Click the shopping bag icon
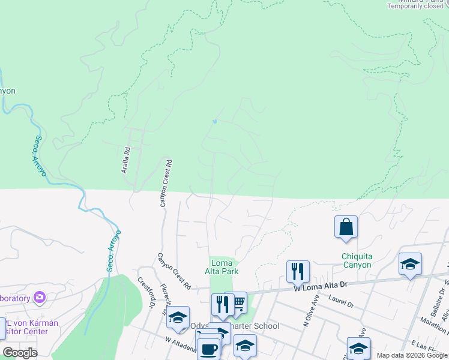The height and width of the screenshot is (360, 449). pyautogui.click(x=346, y=227)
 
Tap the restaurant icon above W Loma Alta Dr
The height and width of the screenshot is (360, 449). pyautogui.click(x=298, y=271)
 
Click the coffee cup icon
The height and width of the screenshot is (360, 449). pyautogui.click(x=208, y=349)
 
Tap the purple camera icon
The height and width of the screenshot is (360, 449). pyautogui.click(x=40, y=297)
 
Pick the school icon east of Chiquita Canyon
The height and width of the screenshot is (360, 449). pyautogui.click(x=410, y=265)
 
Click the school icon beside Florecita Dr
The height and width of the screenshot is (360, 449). pyautogui.click(x=178, y=318)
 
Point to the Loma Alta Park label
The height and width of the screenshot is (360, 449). pyautogui.click(x=224, y=267)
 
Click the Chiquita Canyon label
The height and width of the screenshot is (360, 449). pyautogui.click(x=357, y=260)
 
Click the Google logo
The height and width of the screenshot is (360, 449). pyautogui.click(x=20, y=353)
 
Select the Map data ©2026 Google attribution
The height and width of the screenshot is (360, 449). pyautogui.click(x=411, y=355)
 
